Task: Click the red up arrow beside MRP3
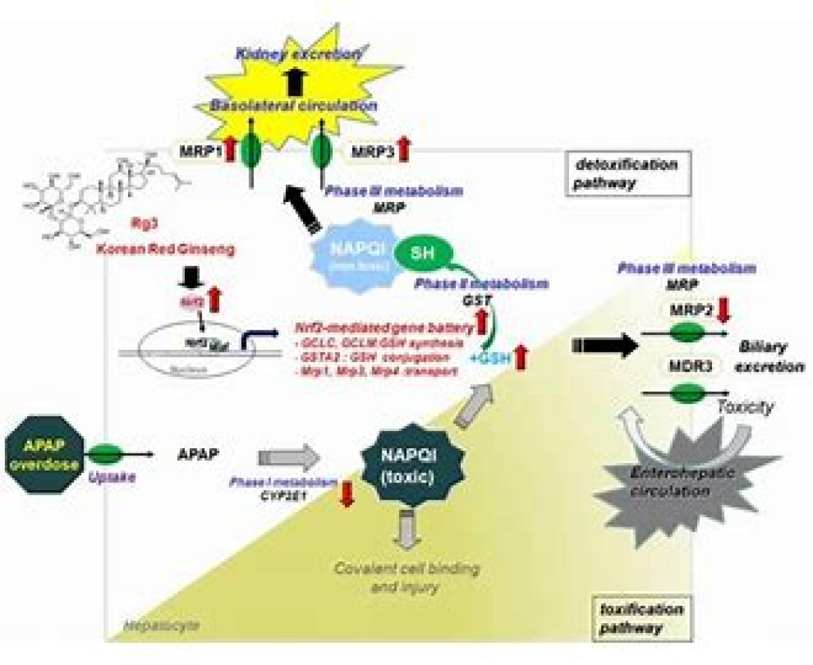[x=404, y=149]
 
